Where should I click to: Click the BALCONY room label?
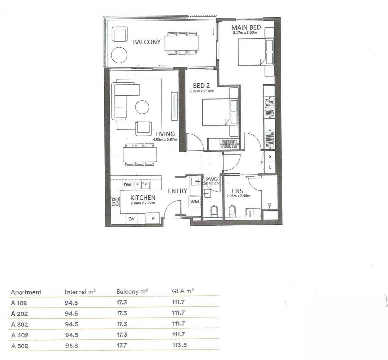(146, 42)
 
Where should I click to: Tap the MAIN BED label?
(246, 28)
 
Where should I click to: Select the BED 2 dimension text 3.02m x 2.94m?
(202, 91)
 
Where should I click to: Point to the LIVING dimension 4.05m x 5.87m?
(165, 139)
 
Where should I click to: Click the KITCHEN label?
(143, 198)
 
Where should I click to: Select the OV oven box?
(131, 219)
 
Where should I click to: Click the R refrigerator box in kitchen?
(153, 219)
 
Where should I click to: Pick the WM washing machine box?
(194, 202)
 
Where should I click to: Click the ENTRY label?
(177, 191)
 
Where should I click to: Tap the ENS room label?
(237, 191)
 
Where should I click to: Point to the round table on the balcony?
(119, 55)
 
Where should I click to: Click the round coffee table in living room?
(142, 107)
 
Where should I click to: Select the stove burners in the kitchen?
(116, 202)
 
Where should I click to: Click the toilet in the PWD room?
(214, 211)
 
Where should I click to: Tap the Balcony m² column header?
(132, 292)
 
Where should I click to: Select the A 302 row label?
(19, 324)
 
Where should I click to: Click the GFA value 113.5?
(178, 345)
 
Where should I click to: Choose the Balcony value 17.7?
(122, 346)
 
